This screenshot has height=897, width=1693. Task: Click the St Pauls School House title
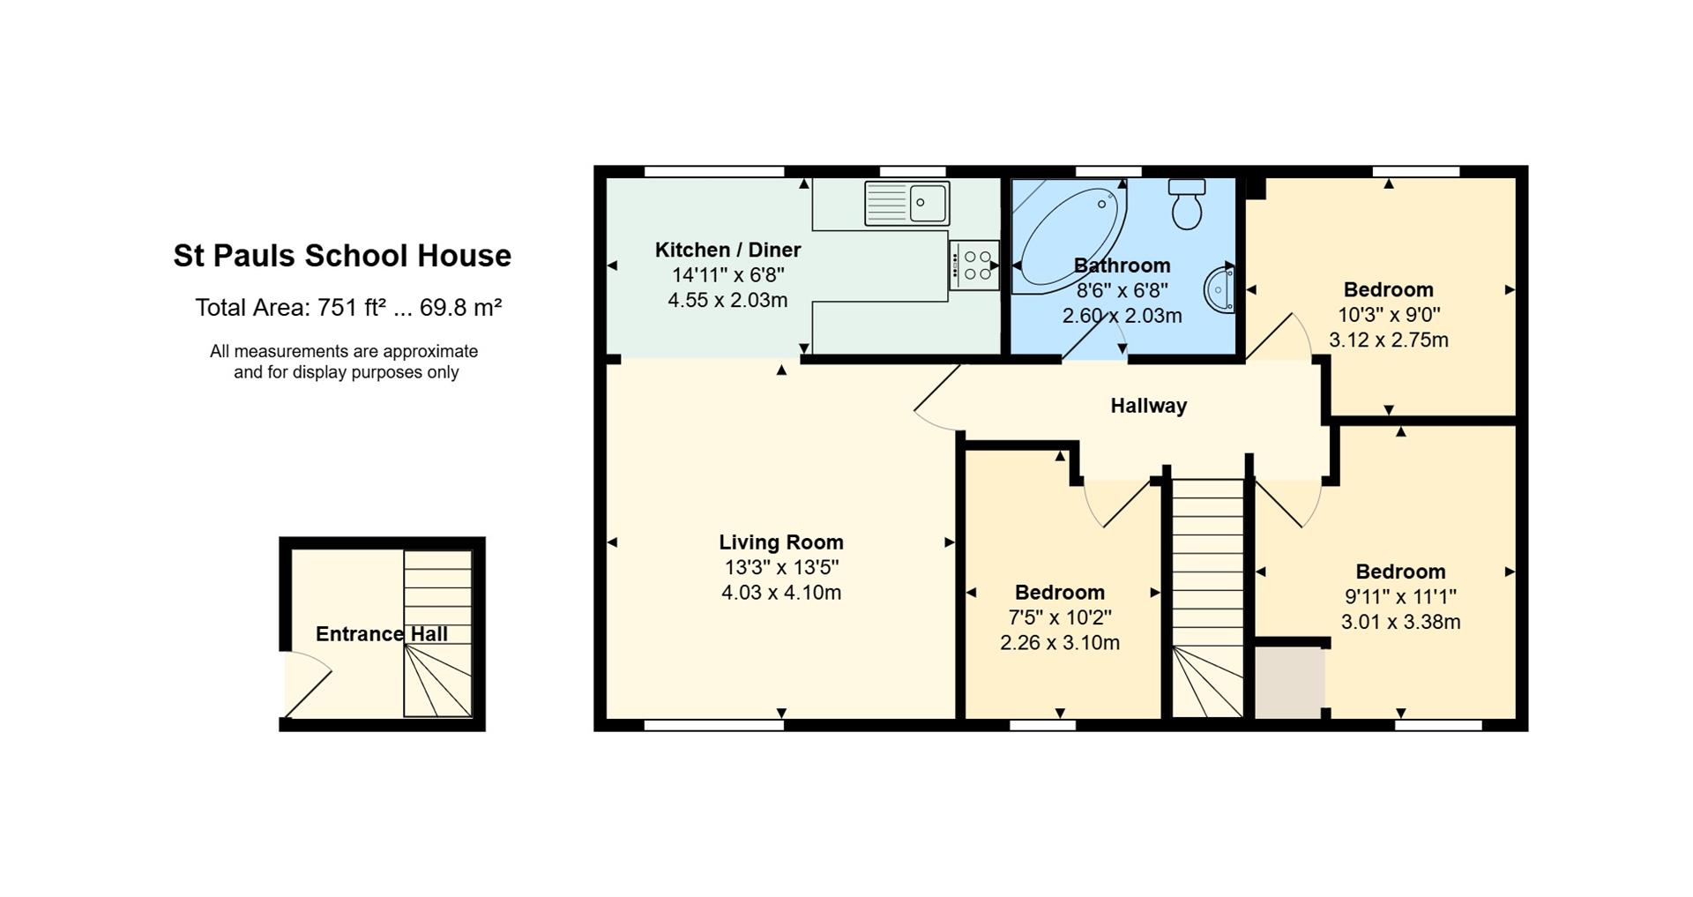(342, 256)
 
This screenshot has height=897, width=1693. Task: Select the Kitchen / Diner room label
(727, 250)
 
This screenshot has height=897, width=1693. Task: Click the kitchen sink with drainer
(906, 203)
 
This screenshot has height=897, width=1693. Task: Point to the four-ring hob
(974, 265)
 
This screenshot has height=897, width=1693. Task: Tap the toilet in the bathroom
(1187, 204)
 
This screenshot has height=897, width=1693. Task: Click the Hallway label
(1148, 406)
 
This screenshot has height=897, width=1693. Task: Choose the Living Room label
(780, 542)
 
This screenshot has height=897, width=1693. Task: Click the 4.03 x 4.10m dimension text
(781, 593)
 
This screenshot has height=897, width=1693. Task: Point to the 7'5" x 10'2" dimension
(1060, 617)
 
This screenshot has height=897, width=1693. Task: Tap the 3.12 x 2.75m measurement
(1389, 340)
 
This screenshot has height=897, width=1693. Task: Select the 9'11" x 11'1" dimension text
(1400, 597)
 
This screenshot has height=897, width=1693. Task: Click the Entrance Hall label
(382, 634)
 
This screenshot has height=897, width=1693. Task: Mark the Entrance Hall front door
(307, 684)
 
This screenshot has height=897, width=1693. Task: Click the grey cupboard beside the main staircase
(1289, 684)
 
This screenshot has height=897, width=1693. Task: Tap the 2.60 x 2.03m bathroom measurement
(1122, 316)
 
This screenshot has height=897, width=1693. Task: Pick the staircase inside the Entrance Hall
(437, 633)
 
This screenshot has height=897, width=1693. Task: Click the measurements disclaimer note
(344, 362)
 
